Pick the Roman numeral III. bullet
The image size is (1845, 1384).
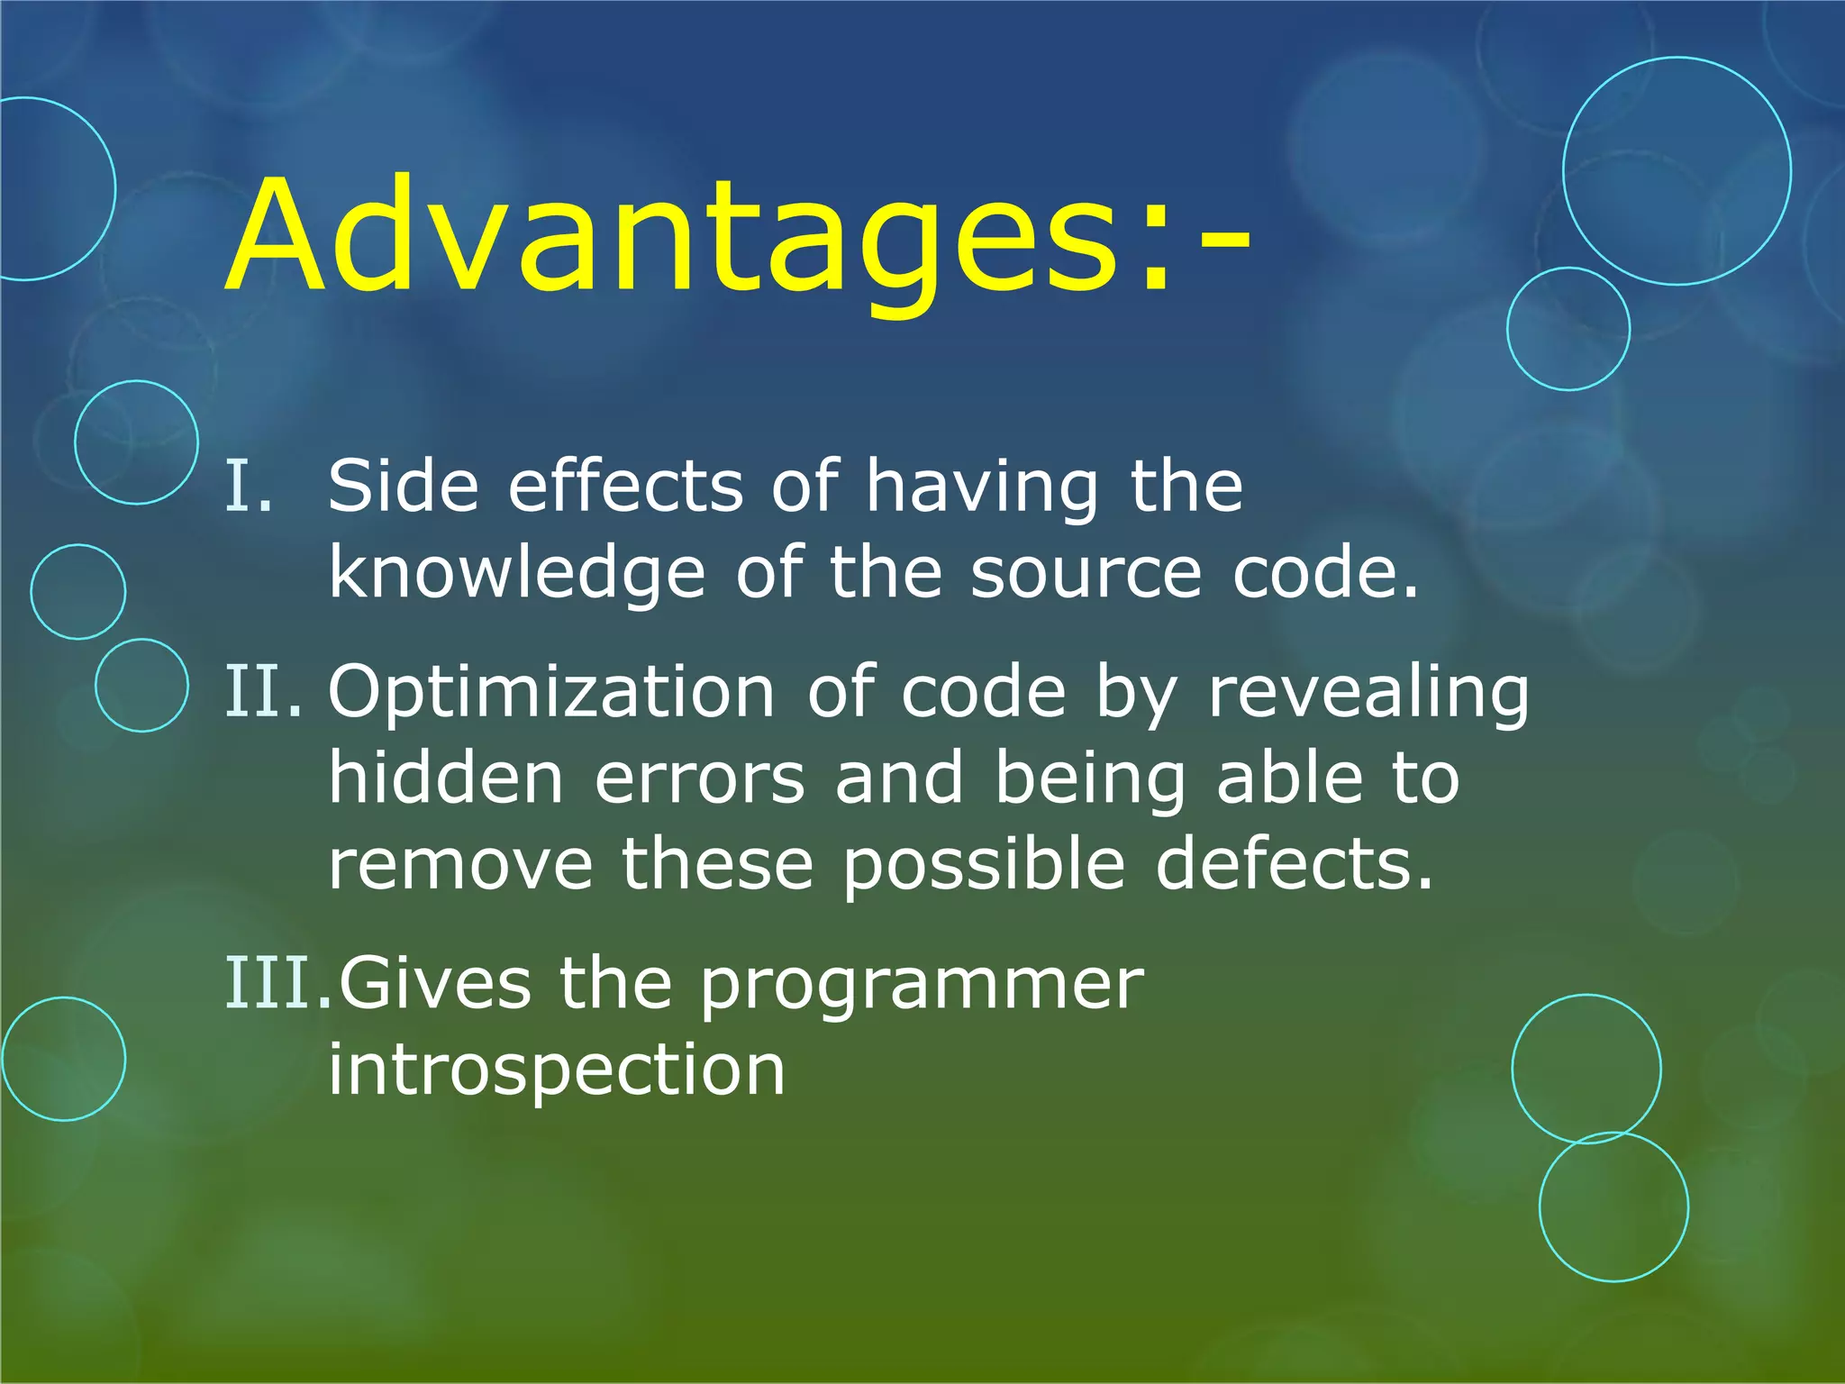(277, 984)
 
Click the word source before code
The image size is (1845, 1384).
(1086, 574)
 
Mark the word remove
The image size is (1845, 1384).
(459, 865)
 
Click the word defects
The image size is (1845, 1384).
(1294, 865)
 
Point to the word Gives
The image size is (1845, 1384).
(434, 984)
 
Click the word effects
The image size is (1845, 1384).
(625, 487)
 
